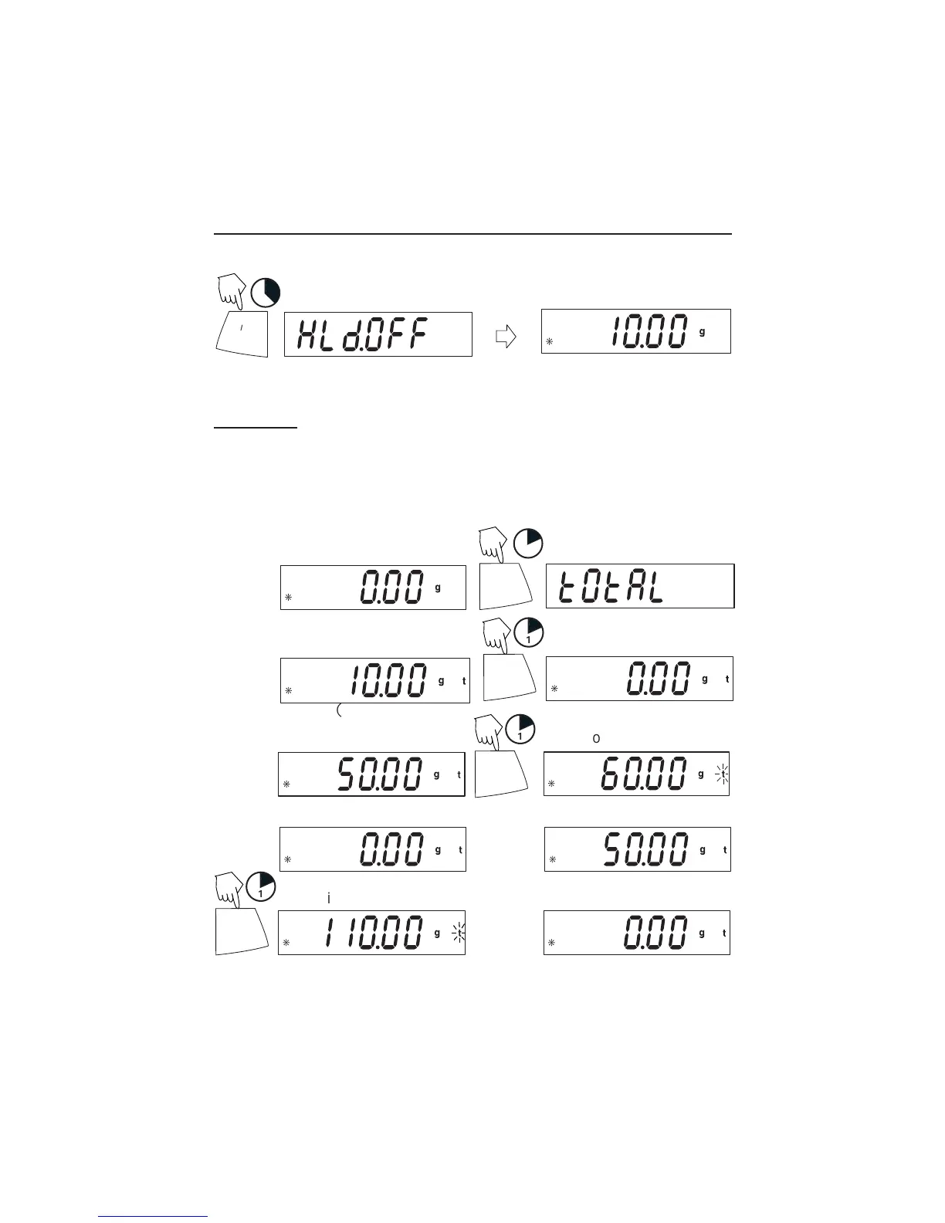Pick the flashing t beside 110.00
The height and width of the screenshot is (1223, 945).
[x=459, y=933]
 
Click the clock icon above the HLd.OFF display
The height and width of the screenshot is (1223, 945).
[x=266, y=293]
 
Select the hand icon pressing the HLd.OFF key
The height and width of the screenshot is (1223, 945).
[x=231, y=291]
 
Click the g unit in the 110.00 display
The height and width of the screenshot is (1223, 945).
[x=437, y=933]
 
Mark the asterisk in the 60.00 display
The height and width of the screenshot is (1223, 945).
[x=551, y=784]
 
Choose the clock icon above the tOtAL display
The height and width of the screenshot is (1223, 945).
[x=529, y=542]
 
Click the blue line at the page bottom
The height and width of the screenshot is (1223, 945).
[x=154, y=1217]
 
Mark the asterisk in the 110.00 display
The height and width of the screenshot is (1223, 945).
[x=286, y=943]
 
